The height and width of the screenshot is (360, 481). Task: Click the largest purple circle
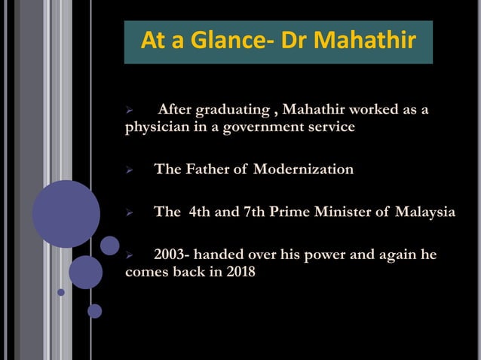coord(66,213)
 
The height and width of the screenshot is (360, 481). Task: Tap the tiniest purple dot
coord(61,292)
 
